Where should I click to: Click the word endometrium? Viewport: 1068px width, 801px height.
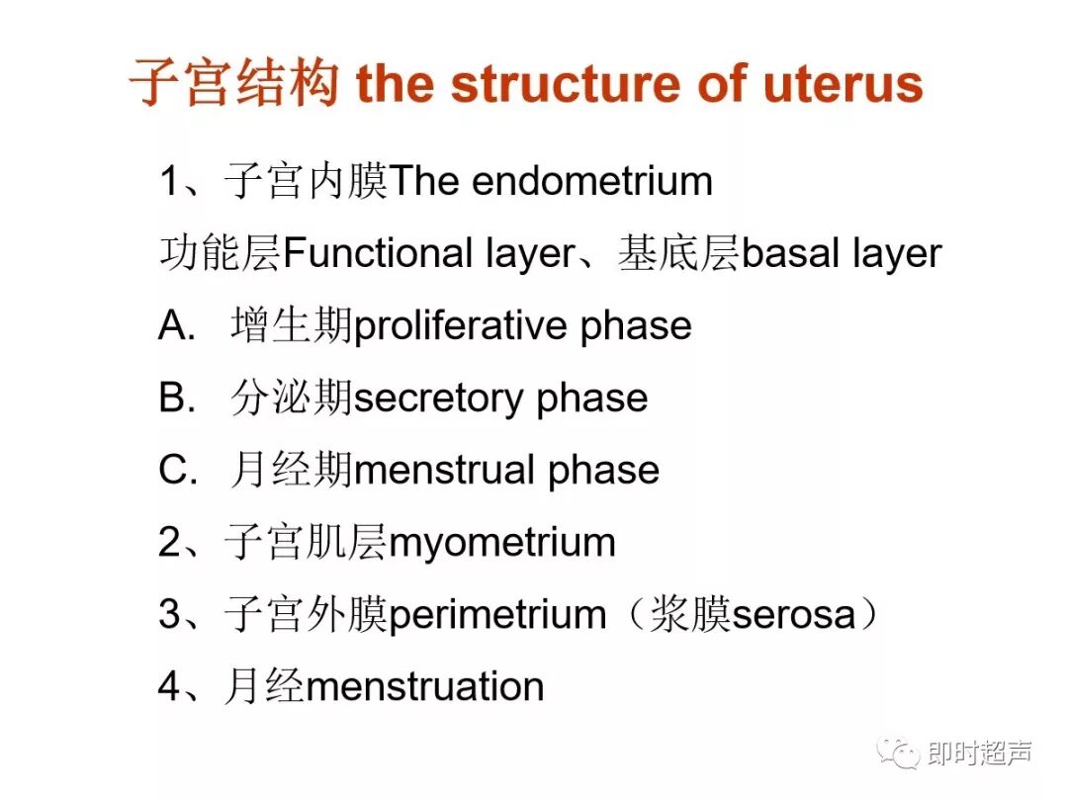(x=592, y=182)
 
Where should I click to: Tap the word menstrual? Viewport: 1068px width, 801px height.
(x=444, y=471)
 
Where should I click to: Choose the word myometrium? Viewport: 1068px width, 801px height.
(x=502, y=543)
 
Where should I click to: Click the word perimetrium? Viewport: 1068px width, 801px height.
(x=497, y=615)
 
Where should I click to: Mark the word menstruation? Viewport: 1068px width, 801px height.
(x=425, y=687)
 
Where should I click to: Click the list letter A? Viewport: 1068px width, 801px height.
(x=175, y=326)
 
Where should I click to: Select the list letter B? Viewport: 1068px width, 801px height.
(x=175, y=399)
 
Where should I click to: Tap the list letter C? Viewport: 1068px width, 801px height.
(x=176, y=471)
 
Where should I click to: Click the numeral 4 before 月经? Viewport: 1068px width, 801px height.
(x=170, y=687)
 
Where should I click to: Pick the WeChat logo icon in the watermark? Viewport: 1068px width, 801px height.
(x=900, y=755)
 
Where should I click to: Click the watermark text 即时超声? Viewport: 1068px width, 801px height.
(x=980, y=755)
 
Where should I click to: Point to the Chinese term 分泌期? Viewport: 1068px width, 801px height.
(x=292, y=399)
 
